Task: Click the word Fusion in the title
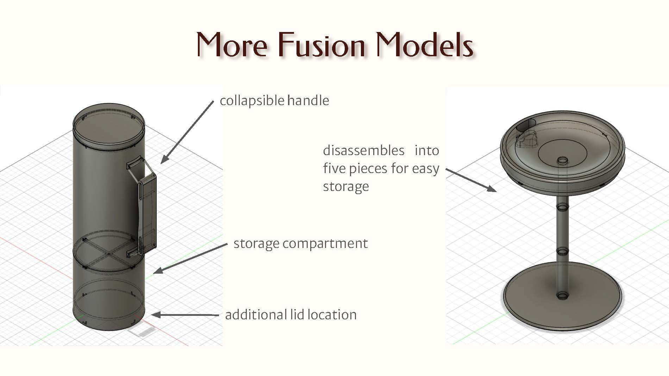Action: [x=321, y=45]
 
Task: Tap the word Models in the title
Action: [x=424, y=45]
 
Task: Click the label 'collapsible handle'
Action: [x=274, y=101]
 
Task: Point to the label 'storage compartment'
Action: [x=300, y=243]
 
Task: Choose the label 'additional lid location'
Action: [x=290, y=314]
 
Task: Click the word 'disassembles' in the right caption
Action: [x=363, y=151]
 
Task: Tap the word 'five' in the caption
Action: [x=334, y=168]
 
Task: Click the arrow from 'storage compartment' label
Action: [x=190, y=258]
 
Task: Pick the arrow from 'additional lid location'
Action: [x=185, y=315]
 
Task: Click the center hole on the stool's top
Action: [x=562, y=161]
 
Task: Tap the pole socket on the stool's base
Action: [x=562, y=295]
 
